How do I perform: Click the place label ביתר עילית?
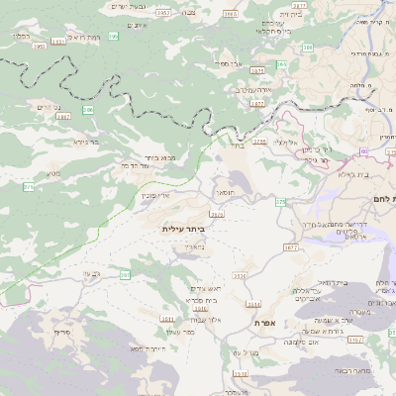tap(182, 228)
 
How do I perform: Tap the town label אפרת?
tap(264, 324)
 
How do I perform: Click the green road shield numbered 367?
tap(126, 275)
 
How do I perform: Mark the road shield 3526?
tap(217, 214)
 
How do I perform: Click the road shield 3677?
tap(290, 247)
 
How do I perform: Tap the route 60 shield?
tap(364, 150)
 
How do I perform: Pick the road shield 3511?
tap(167, 320)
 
